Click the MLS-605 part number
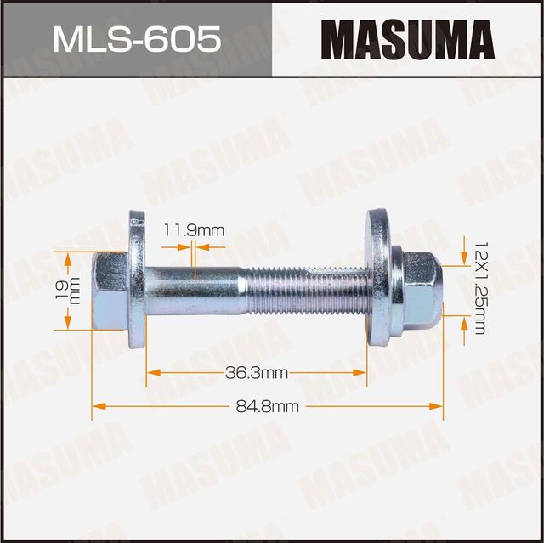coord(136,39)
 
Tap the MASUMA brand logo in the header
coord(408,40)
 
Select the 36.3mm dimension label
coord(257,372)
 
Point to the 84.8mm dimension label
coord(267,406)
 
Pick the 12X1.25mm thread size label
coord(480,286)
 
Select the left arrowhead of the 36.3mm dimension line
coord(151,372)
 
